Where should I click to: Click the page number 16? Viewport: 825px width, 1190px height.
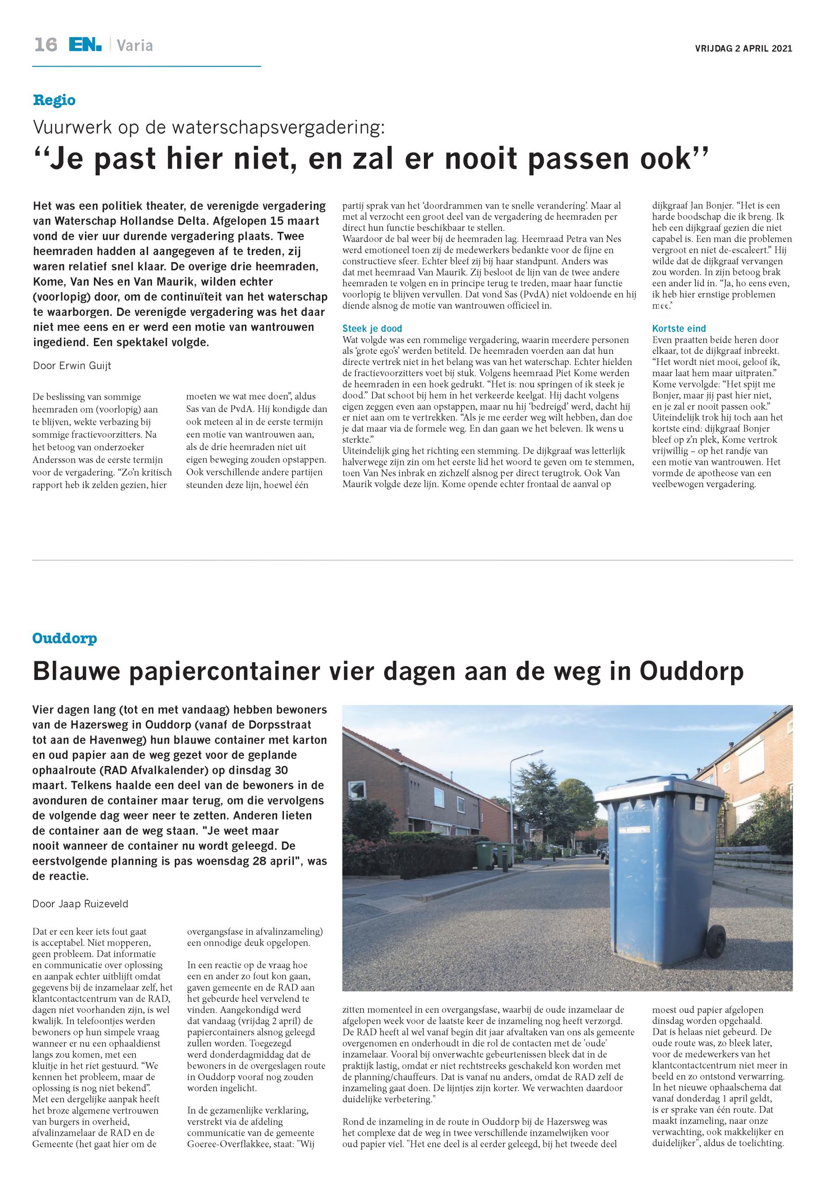[x=46, y=45]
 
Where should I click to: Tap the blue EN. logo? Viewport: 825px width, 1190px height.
[x=85, y=45]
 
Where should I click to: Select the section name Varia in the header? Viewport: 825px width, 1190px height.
[x=135, y=46]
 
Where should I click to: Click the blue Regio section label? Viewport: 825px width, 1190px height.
[x=54, y=100]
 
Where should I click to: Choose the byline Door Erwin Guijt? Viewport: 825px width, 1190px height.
[x=72, y=365]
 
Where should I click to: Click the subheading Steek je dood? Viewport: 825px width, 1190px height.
[x=372, y=328]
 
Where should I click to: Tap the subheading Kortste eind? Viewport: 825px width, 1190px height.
[x=679, y=328]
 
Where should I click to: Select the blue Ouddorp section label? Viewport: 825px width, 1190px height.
[x=65, y=638]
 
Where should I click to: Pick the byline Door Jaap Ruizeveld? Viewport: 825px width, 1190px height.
[x=80, y=904]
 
